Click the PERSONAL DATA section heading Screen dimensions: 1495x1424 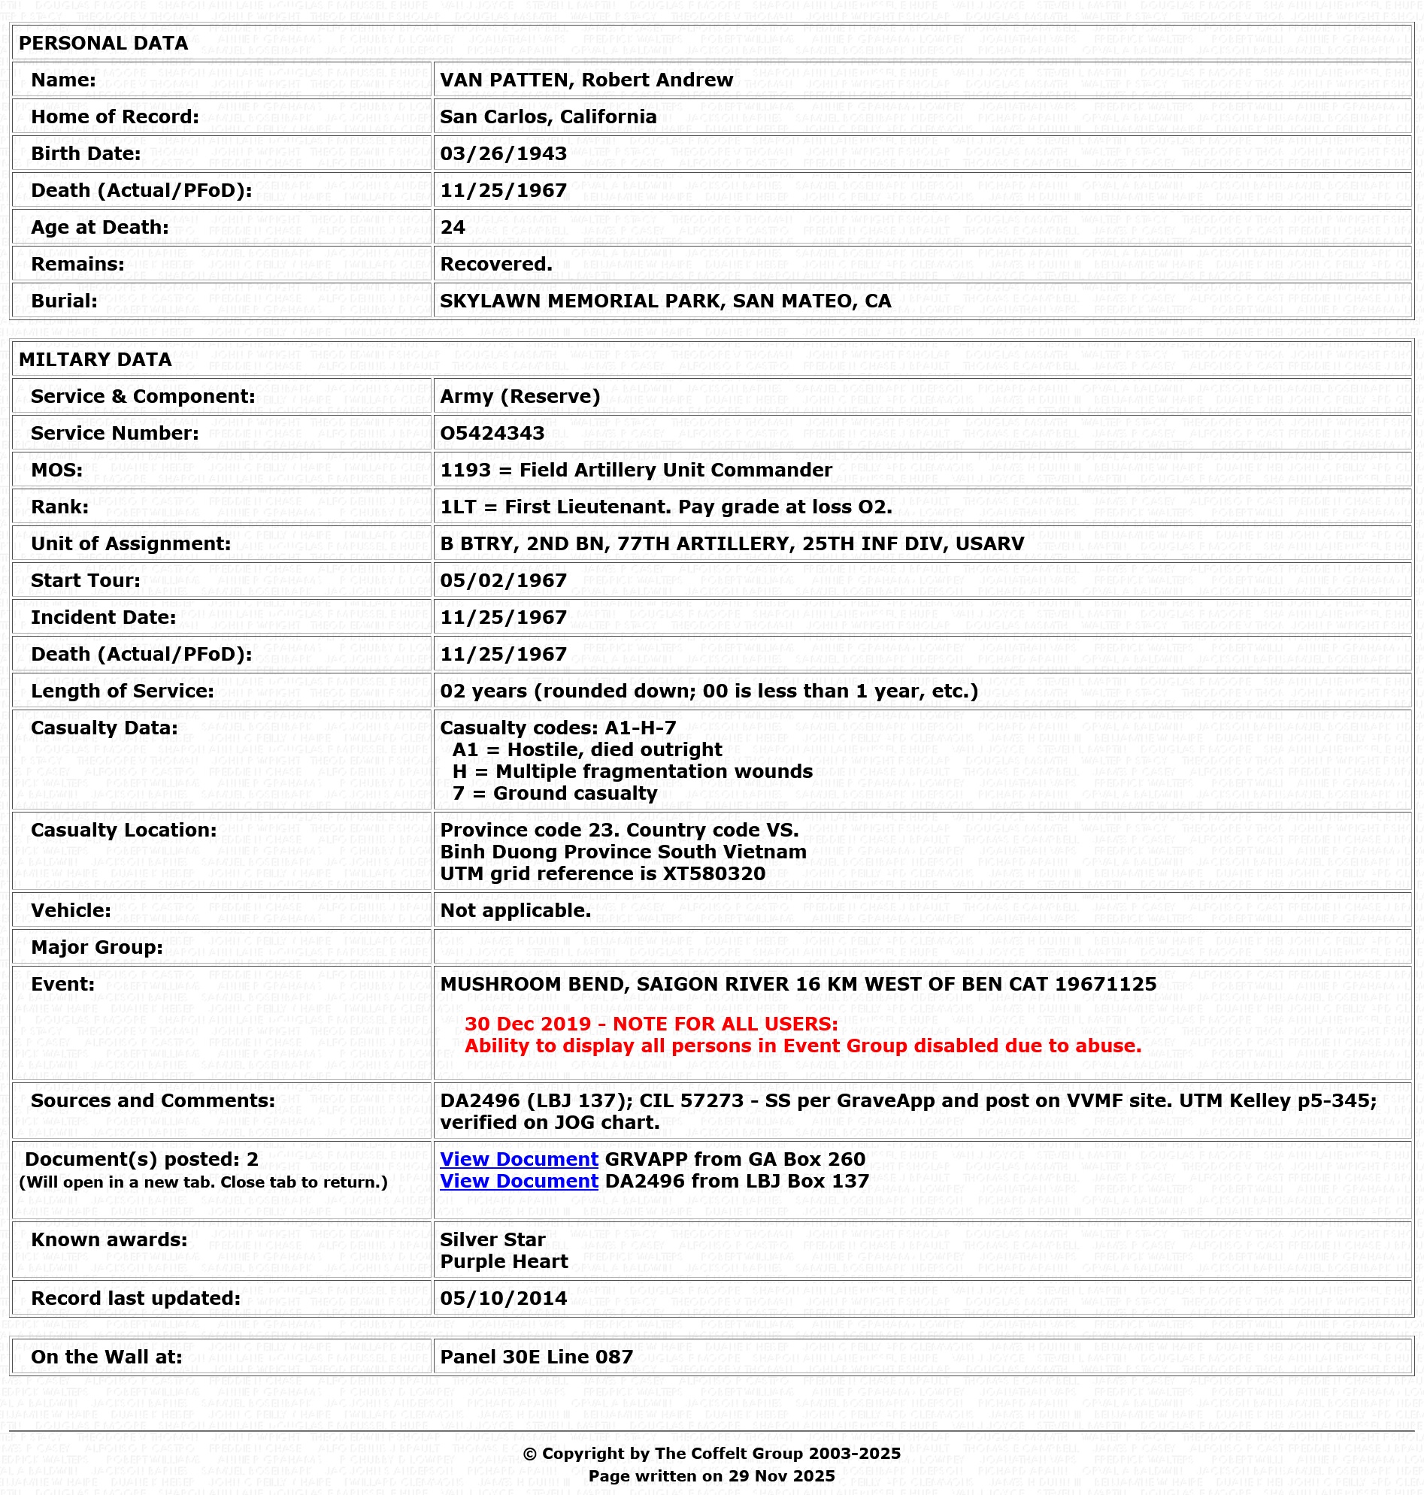103,44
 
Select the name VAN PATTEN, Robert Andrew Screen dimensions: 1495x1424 586,80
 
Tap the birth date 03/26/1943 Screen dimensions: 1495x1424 503,154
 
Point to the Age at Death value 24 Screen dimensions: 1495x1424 453,228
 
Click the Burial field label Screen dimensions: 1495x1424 64,301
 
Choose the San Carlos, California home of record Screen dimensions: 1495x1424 548,117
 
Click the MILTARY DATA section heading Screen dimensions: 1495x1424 95,360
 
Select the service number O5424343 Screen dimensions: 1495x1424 492,434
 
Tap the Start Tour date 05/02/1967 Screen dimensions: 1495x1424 503,580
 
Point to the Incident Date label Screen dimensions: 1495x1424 103,618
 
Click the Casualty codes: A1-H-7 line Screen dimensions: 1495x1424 558,728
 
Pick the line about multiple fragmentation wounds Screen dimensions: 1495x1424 632,772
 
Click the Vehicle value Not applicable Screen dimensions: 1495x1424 516,911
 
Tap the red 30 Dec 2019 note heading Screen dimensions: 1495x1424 651,1024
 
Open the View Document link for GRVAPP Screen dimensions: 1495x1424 520,1159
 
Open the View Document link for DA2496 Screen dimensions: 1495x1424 520,1181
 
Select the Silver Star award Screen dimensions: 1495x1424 492,1239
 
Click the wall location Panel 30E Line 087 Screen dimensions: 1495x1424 537,1357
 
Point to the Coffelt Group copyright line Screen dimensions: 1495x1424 711,1453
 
